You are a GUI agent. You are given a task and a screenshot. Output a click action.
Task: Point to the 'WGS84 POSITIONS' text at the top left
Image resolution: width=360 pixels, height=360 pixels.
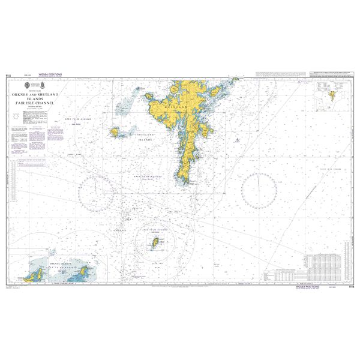click(x=50, y=74)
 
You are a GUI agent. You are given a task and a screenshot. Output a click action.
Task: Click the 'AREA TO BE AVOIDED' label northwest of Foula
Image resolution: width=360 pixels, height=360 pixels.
click(x=77, y=119)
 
